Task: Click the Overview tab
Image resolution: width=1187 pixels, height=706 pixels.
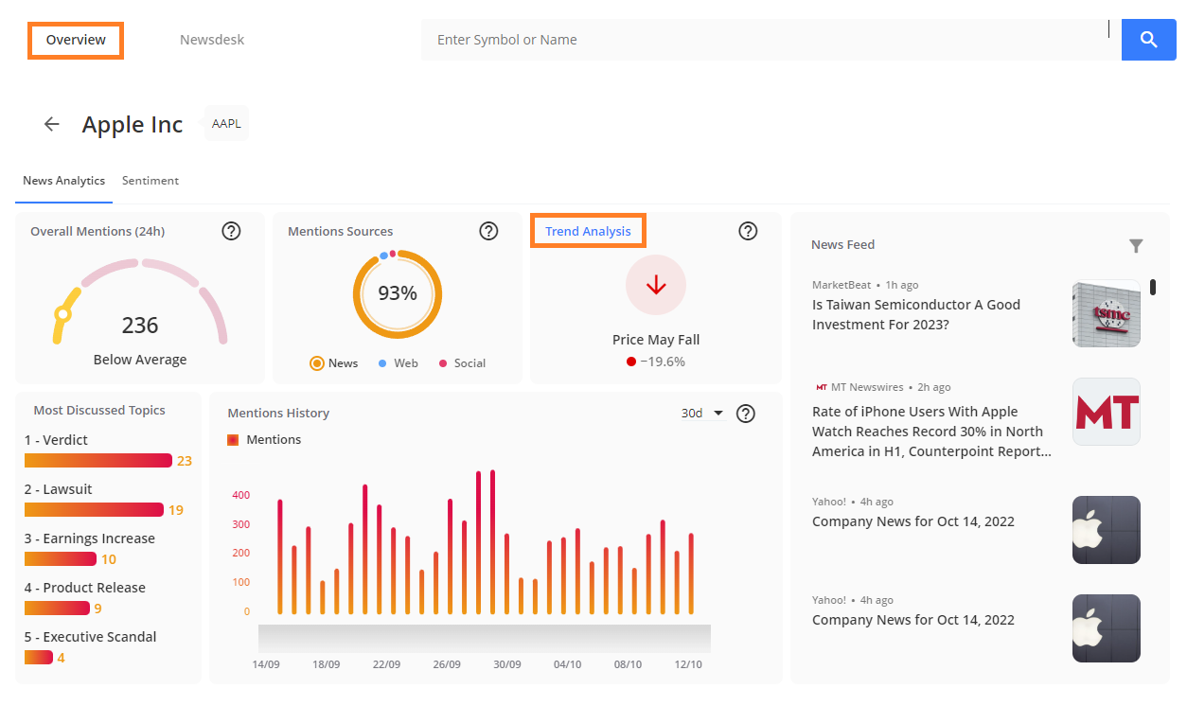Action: pos(76,41)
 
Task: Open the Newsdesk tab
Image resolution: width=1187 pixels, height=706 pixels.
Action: pos(212,40)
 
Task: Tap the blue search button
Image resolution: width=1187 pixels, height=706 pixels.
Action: pos(1148,40)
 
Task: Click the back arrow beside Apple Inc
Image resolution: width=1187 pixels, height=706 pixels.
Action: pos(51,124)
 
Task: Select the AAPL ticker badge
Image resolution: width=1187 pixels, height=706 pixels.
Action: pos(226,123)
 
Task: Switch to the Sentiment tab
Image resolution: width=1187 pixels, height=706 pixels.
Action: pos(151,181)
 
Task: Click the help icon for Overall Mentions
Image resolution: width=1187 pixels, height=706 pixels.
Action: pos(231,231)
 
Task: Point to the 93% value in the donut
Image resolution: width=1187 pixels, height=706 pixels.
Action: pos(398,292)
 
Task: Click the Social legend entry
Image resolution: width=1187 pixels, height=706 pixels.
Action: pos(463,363)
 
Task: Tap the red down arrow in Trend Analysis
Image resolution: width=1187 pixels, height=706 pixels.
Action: pos(656,285)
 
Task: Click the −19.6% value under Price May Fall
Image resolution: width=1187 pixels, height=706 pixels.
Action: pos(663,362)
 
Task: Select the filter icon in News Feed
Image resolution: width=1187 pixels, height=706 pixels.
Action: pos(1136,246)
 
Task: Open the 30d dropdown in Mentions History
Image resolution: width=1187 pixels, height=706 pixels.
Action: pos(702,414)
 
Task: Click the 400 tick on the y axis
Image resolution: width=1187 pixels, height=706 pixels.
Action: pos(241,495)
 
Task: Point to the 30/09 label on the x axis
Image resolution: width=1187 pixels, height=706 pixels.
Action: pos(507,664)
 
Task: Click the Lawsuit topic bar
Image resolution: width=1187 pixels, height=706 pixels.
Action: pos(94,509)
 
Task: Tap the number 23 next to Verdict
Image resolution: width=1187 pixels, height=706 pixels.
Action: pos(185,461)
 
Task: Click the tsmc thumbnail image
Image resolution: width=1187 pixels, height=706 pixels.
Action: pos(1107,313)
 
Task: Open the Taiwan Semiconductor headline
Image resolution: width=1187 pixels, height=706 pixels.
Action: pos(916,314)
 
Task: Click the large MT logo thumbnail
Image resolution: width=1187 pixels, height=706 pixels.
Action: pos(1107,412)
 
